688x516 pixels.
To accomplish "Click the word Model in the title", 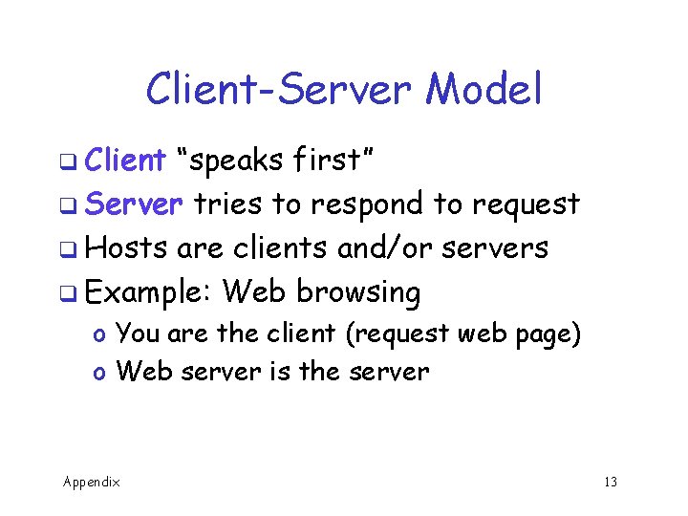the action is [x=484, y=90].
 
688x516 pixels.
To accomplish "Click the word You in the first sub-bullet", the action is [x=137, y=333].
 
